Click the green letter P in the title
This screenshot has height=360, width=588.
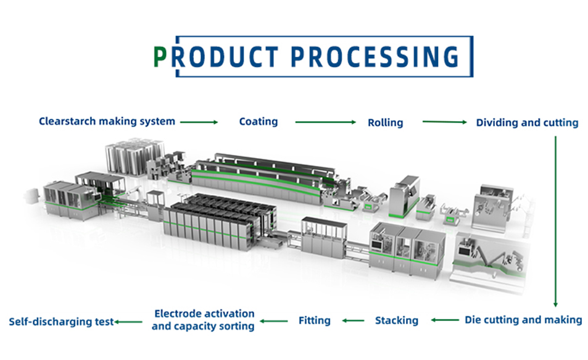[x=160, y=57]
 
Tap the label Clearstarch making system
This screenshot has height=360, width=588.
[x=107, y=121]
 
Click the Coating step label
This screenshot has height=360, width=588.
[x=258, y=122]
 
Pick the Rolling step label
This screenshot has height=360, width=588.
[x=385, y=122]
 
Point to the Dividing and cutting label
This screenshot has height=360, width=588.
[x=526, y=122]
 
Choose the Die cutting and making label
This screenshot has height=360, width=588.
[x=523, y=319]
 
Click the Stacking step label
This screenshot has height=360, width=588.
[x=396, y=320]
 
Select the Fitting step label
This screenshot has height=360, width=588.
[x=314, y=320]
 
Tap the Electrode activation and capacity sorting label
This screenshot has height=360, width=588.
[x=203, y=320]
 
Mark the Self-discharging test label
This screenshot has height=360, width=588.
[x=61, y=321]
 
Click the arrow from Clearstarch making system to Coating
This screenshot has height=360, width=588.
[x=199, y=122]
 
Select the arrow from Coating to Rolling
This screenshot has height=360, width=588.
[x=325, y=122]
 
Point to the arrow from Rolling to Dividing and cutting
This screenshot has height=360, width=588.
[x=444, y=122]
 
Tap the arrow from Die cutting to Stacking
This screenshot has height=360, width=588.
[x=444, y=320]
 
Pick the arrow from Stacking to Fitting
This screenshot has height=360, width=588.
[x=353, y=320]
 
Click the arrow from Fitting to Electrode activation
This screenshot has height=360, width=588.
[x=274, y=320]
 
